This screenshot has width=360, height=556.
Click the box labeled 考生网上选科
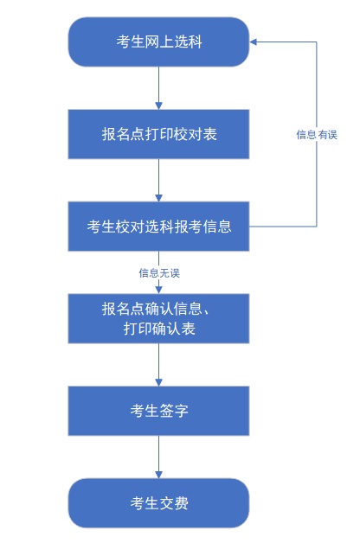pos(158,42)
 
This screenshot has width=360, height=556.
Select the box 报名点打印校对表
pos(158,134)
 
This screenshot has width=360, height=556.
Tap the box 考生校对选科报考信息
pos(158,227)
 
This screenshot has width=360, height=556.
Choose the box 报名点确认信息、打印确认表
pos(158,319)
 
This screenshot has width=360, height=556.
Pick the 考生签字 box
pos(158,411)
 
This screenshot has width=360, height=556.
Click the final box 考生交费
pos(158,503)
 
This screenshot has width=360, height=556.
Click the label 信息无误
pos(159,273)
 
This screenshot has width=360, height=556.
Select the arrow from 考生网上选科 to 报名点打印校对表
pos(159,87)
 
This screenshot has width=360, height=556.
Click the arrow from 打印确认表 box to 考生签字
pos(159,365)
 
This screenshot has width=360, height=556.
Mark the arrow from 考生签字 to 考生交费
pos(159,457)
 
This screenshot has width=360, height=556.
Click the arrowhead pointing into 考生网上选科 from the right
pos(254,42)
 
